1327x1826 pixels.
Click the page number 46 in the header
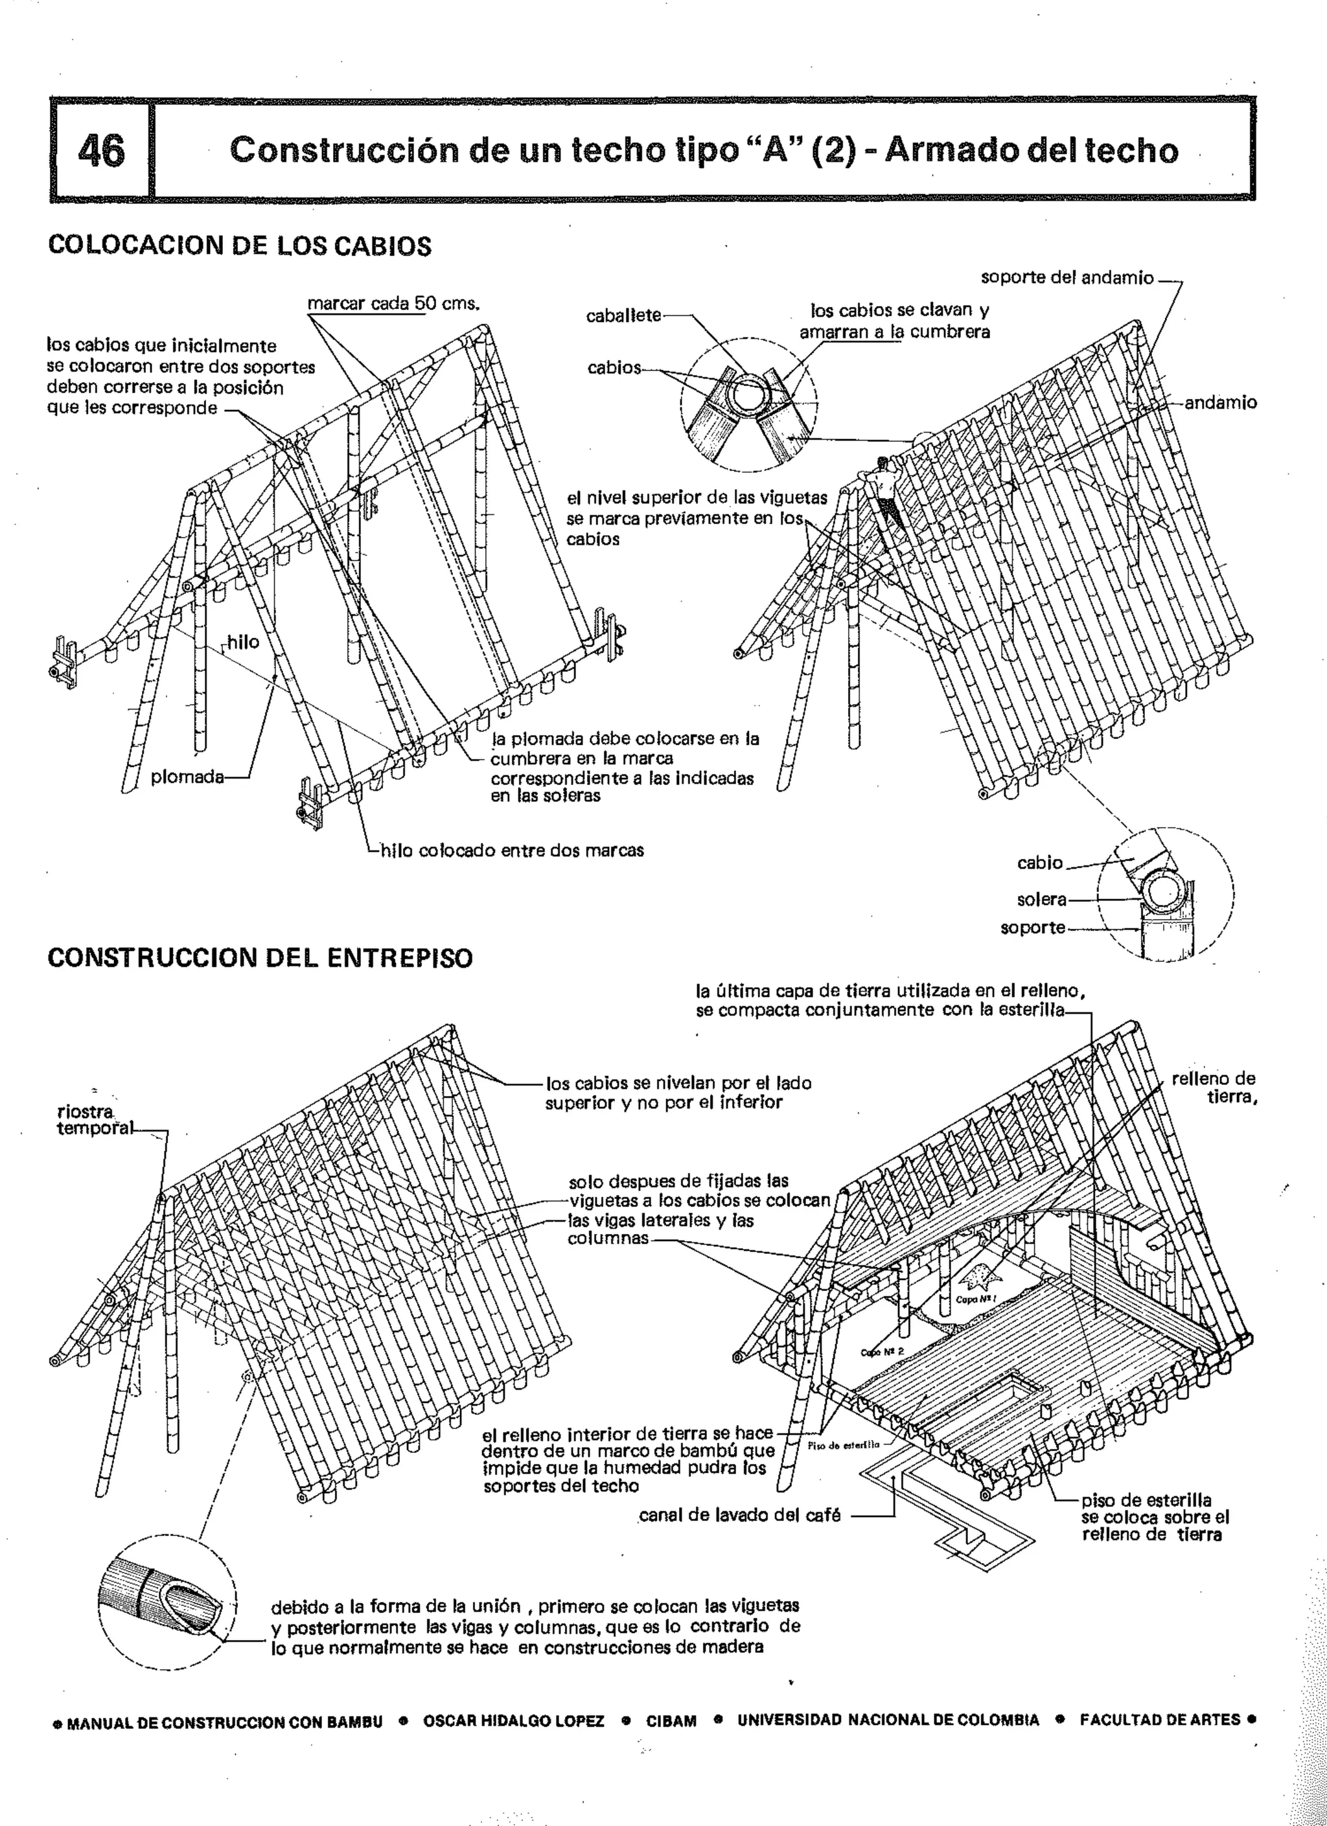[x=102, y=150]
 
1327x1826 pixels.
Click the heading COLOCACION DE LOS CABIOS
[x=239, y=245]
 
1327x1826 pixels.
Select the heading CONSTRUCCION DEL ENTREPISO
[x=259, y=958]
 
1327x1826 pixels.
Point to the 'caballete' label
[x=623, y=316]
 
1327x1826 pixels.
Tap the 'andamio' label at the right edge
[x=1220, y=402]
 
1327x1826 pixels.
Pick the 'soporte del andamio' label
[x=1067, y=278]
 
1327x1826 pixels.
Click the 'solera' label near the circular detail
[x=1041, y=899]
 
